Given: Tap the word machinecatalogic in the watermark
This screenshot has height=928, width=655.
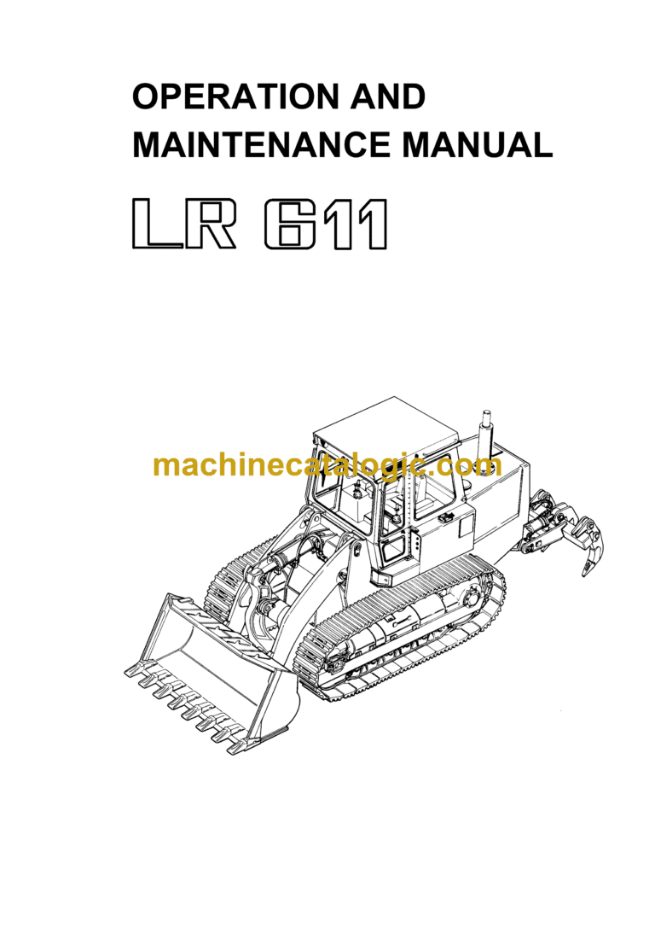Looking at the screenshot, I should [x=290, y=466].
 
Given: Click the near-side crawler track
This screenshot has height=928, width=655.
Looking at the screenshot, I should [x=401, y=632].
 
